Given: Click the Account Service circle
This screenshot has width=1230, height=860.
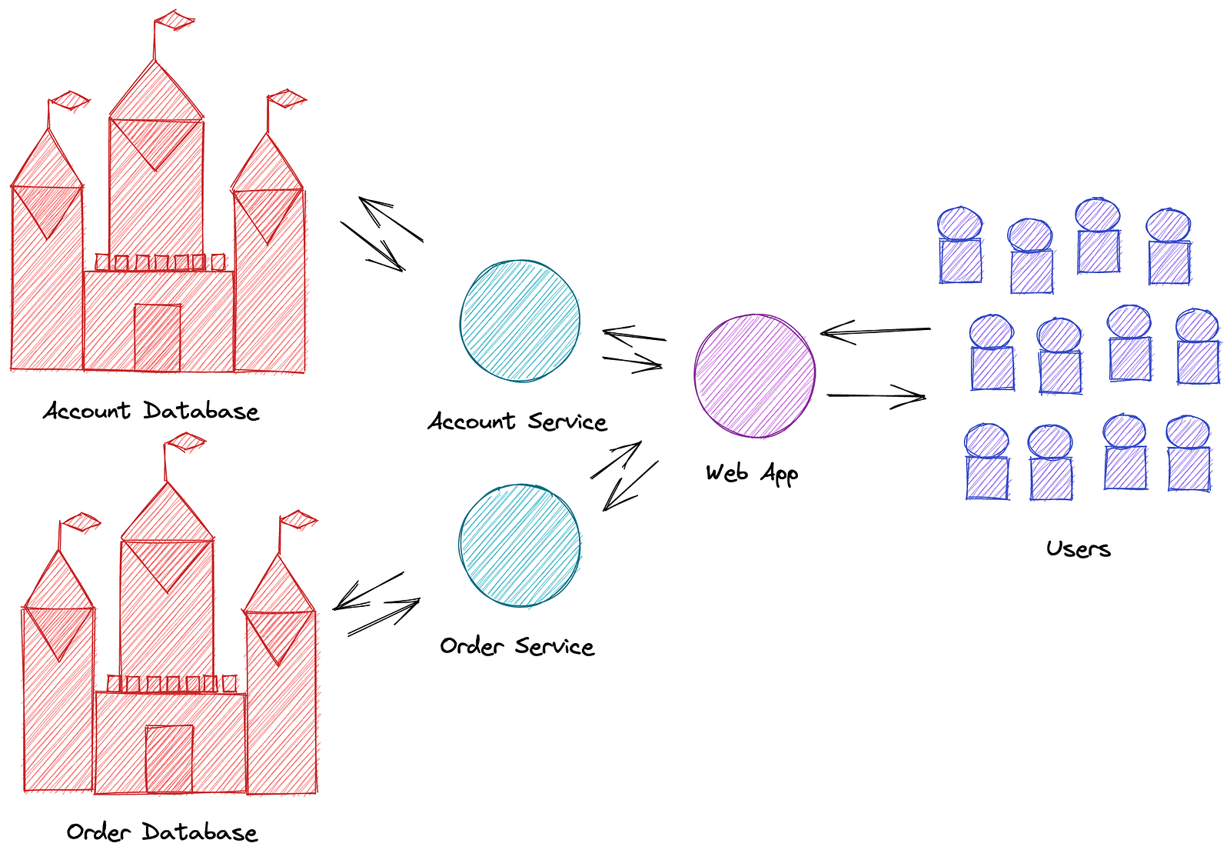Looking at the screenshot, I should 520,321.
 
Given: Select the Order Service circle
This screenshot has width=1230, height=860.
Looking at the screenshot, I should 520,545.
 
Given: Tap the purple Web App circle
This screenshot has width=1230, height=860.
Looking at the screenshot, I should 754,375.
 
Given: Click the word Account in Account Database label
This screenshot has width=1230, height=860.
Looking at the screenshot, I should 86,411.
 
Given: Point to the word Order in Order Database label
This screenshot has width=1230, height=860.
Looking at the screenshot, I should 98,832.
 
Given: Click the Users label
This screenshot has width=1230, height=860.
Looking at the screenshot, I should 1078,548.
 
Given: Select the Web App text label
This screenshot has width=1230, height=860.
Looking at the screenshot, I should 752,473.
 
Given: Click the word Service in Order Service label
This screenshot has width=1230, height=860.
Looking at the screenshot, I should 554,646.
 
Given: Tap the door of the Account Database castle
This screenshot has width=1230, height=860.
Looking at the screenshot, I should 158,338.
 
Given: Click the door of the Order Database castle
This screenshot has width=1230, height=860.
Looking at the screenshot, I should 169,758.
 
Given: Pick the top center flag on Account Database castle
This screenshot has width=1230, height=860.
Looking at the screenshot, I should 175,20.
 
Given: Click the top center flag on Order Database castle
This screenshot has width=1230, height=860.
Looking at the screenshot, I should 186,442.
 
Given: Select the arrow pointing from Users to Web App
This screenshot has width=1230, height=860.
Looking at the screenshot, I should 875,332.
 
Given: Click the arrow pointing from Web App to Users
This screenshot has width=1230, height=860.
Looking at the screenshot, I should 876,396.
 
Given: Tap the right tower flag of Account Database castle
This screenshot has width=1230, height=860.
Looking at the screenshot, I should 287,98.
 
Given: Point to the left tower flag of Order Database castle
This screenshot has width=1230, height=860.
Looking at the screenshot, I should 81,522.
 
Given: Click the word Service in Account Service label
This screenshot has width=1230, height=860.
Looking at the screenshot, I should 567,422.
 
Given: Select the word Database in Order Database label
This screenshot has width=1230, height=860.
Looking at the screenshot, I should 200,832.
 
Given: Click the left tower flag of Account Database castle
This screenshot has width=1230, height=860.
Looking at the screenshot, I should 70,100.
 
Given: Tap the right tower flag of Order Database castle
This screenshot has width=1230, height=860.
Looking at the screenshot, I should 298,519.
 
